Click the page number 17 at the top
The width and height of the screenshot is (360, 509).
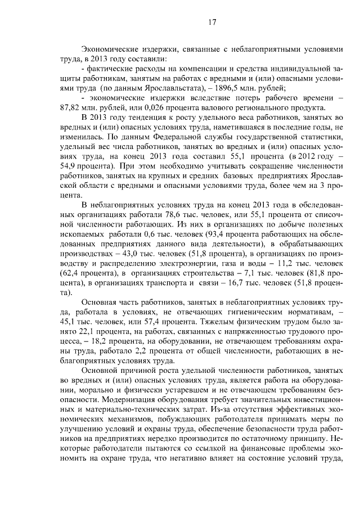[x=212, y=22]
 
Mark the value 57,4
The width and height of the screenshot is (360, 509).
[x=147, y=323]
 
